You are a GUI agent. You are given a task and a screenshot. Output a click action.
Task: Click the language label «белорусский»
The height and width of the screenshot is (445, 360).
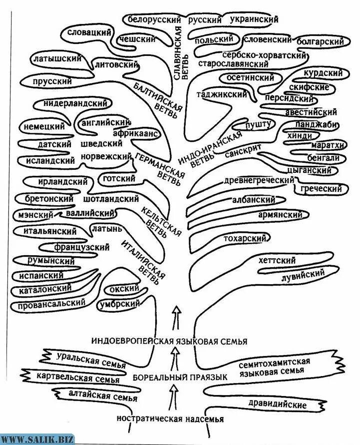(155, 19)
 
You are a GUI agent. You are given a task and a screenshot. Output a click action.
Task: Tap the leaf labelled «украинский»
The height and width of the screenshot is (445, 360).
(254, 19)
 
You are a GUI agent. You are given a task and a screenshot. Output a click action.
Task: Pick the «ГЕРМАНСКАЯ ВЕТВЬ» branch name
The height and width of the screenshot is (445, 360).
(160, 169)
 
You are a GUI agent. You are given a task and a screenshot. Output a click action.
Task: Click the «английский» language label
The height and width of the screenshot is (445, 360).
(105, 122)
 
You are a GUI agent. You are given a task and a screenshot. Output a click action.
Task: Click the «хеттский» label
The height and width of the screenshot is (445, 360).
(277, 260)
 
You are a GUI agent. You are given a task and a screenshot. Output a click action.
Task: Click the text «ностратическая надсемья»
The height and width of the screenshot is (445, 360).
(170, 419)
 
